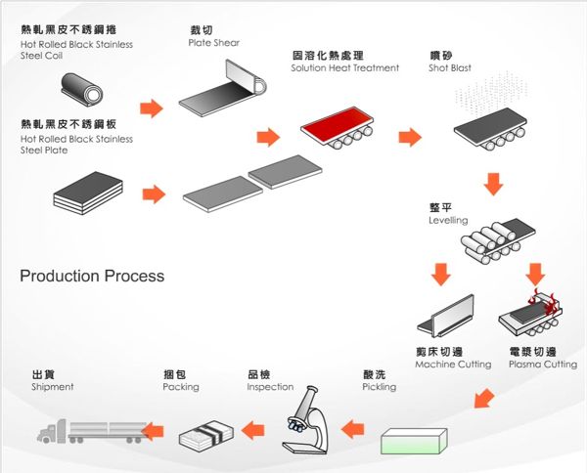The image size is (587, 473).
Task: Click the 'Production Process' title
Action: (x=92, y=277)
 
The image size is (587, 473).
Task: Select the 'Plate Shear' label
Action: (x=214, y=43)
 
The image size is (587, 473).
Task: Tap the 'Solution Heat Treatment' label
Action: (x=345, y=68)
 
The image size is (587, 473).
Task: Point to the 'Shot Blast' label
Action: (x=450, y=68)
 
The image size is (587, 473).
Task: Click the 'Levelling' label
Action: (x=448, y=221)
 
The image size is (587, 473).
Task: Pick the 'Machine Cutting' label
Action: (x=453, y=365)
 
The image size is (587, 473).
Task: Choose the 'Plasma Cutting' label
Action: (x=543, y=365)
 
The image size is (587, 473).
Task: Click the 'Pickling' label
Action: (x=380, y=387)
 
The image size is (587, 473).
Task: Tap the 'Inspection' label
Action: (x=270, y=387)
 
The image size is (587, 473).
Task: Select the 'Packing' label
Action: (x=181, y=387)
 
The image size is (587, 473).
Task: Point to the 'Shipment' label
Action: (x=53, y=387)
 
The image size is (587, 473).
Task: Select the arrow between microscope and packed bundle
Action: (x=254, y=428)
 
